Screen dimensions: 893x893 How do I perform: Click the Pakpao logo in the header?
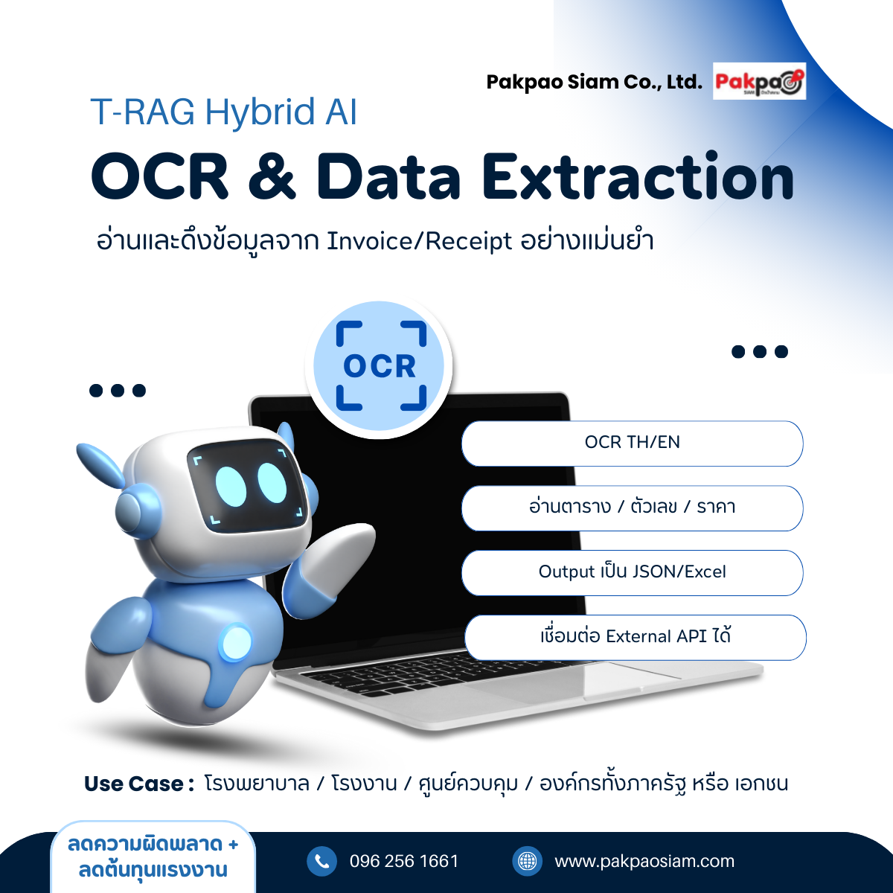[x=759, y=81]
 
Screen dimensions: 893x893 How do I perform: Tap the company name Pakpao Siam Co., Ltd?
[x=594, y=82]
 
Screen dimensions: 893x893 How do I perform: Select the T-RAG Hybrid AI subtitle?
[x=224, y=112]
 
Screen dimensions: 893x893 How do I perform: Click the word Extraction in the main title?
[x=638, y=178]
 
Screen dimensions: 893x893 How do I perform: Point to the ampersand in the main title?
[x=272, y=178]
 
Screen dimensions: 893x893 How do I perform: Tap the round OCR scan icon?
[x=379, y=366]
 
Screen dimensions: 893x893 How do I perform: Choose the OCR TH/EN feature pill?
[x=632, y=443]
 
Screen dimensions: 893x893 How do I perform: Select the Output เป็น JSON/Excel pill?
[x=632, y=572]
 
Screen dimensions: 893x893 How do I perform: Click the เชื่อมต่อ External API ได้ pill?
[x=636, y=637]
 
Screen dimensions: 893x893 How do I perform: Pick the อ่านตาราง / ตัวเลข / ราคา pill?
[x=632, y=508]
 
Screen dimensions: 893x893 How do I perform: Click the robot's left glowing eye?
[x=231, y=486]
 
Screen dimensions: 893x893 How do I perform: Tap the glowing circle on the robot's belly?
[x=237, y=642]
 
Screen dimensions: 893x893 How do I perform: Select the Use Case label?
[x=138, y=784]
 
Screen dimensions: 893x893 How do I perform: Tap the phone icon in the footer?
[x=321, y=861]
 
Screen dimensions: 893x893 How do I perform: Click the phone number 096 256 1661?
[x=404, y=861]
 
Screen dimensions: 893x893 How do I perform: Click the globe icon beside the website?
[x=528, y=861]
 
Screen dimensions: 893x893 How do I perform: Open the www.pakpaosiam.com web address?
[x=644, y=862]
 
